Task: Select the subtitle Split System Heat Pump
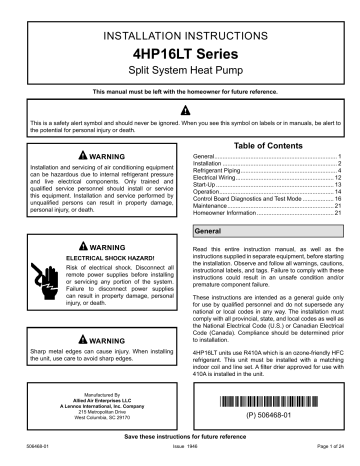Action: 179,73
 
